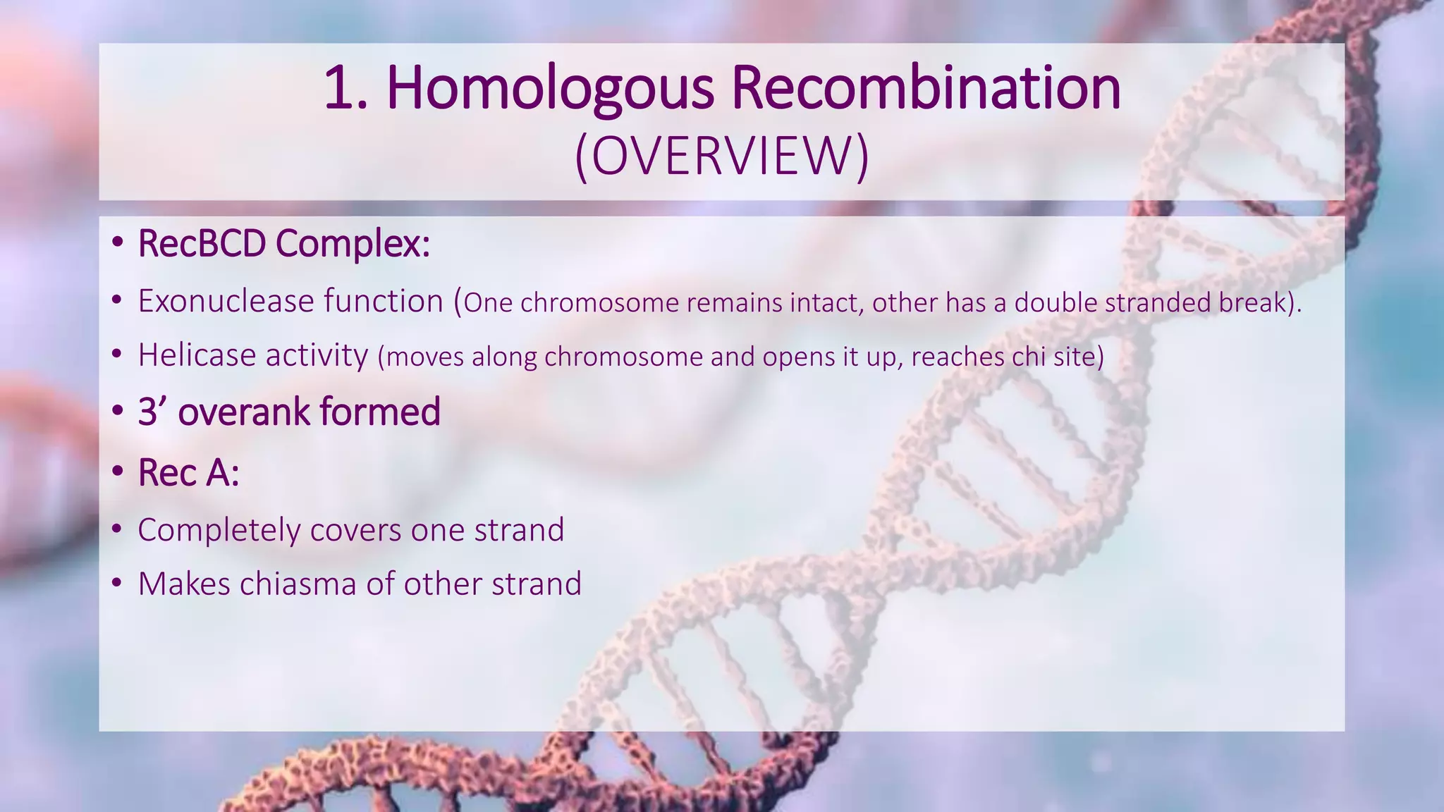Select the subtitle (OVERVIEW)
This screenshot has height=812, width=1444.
(x=722, y=156)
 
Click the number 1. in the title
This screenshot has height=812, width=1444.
(x=346, y=90)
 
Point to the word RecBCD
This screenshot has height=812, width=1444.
(x=202, y=244)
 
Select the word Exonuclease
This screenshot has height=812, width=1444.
(x=226, y=302)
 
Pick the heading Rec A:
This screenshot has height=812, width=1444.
(x=188, y=473)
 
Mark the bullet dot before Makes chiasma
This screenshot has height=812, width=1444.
(x=117, y=584)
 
